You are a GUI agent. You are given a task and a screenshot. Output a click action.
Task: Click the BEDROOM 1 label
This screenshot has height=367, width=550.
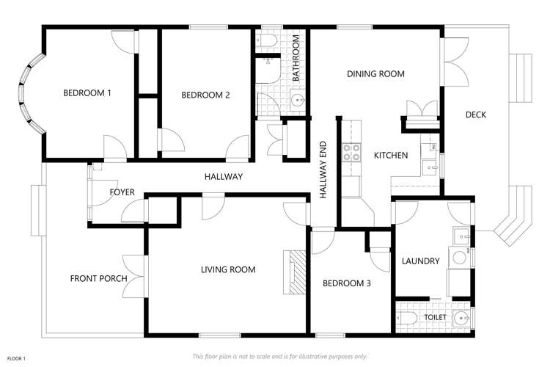87,93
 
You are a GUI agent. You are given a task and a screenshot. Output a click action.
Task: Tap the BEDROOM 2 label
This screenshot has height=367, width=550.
206,95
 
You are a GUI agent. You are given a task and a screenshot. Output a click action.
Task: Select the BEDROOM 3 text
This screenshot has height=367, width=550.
347,283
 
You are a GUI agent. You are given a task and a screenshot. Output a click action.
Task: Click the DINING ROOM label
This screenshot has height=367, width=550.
375,74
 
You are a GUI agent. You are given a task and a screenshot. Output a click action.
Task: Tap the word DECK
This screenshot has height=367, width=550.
475,115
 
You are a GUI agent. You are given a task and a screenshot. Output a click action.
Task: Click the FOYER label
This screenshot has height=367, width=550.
122,192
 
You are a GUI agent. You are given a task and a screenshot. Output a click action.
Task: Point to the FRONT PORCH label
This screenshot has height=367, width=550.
98,278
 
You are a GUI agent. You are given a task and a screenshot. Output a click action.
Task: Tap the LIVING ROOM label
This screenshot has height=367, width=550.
228,270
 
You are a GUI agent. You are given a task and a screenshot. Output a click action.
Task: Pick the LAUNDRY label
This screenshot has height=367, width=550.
421,261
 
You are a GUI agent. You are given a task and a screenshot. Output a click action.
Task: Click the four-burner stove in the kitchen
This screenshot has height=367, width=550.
351,153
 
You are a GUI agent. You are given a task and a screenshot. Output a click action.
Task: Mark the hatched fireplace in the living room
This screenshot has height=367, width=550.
295,271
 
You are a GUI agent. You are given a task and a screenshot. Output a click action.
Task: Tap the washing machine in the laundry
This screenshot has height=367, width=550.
459,258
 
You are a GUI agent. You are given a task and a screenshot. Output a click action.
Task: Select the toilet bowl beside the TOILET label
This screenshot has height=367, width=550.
406,318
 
